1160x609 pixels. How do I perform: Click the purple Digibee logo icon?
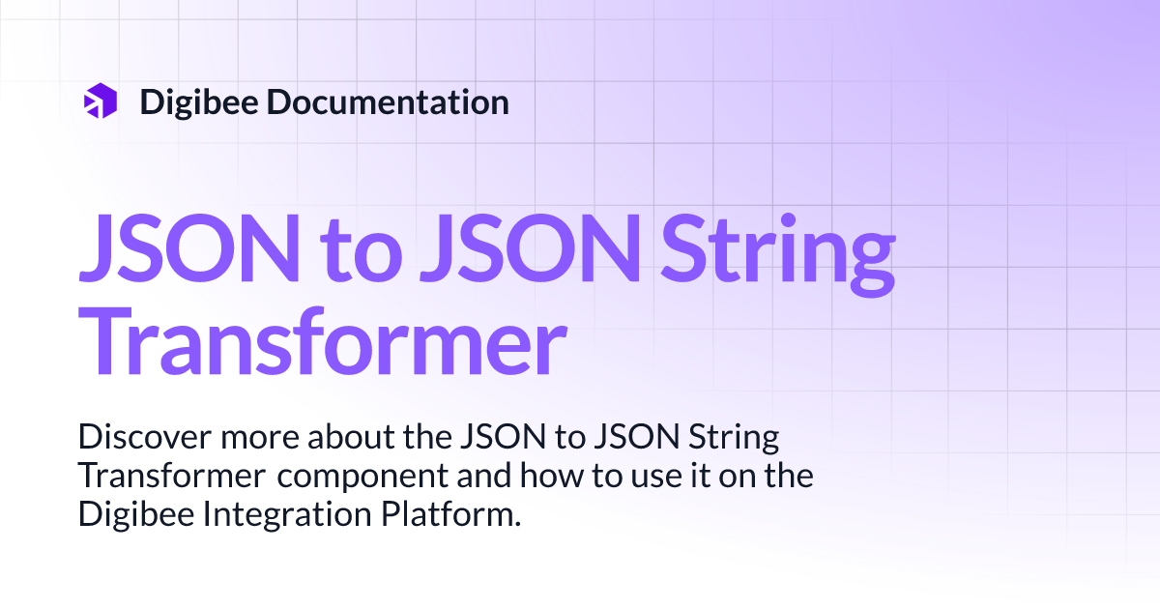click(101, 101)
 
